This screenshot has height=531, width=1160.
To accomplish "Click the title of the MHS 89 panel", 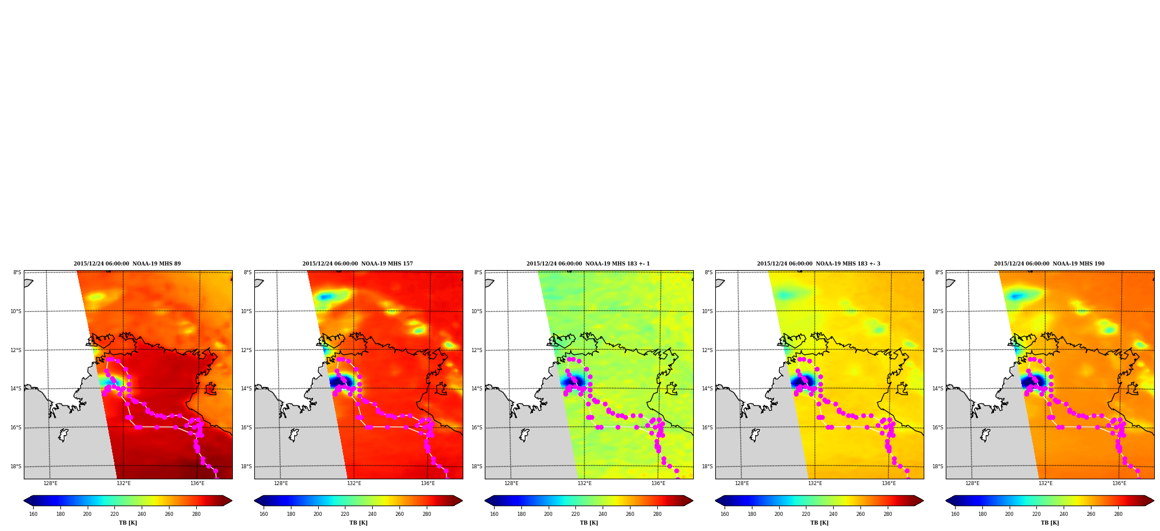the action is coord(127,264).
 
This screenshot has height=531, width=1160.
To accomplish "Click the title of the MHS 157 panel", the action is coord(358,264).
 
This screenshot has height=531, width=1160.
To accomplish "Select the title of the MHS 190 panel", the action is coord(1049,264).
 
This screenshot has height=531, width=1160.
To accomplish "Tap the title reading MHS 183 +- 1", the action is coord(588,264).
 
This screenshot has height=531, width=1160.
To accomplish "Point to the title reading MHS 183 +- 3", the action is coord(819,264).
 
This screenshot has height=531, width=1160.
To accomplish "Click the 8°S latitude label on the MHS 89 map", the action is coord(17,272).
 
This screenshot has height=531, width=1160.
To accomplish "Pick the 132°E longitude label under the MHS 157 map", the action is coord(354,483).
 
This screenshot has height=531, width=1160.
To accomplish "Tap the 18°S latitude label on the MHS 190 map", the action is coord(938,467).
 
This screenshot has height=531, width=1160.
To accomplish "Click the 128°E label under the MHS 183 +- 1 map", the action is coord(511,483).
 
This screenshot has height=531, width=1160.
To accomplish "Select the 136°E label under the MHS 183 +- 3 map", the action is coord(889,483).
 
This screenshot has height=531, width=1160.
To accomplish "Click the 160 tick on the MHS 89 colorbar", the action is coord(33,514).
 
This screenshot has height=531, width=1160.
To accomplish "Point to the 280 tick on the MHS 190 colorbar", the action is coord(1118,514).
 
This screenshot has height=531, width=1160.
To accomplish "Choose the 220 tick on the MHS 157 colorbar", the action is coord(345,514).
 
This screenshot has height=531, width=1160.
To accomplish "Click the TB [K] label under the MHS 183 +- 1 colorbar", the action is coord(589,523).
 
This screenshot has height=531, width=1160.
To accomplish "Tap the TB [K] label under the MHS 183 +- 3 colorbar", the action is coord(819,523).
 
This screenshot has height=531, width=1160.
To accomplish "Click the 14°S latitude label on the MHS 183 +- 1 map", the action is coord(477,389).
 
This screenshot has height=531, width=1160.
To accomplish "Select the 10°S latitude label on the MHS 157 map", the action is coord(247,311).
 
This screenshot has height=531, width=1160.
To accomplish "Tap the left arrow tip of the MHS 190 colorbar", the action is coord(946,501).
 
